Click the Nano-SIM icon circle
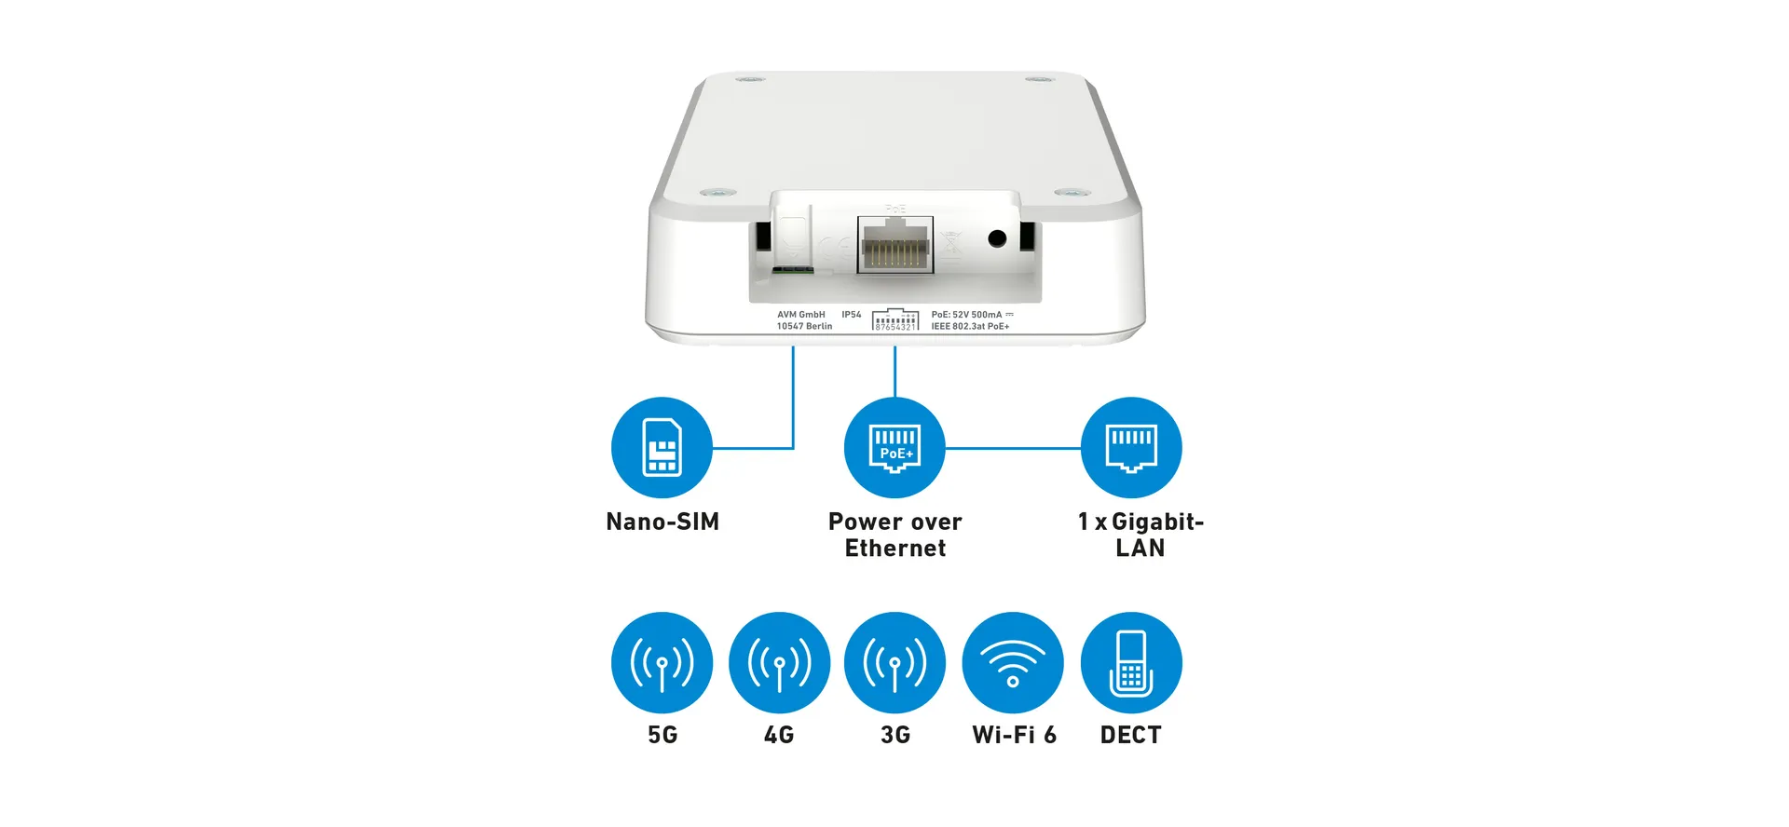pos(662,448)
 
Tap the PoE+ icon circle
pos(894,448)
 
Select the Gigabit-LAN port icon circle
pos(1131,448)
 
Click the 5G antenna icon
pos(662,662)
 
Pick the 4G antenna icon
pos(779,662)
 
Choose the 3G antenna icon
pos(894,662)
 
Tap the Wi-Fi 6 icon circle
pos(1013,662)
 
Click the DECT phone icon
pos(1131,662)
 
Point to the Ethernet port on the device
pos(895,245)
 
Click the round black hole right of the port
pos(997,238)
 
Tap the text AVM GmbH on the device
pos(801,315)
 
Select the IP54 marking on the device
pos(852,315)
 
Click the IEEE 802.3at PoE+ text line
pos(970,327)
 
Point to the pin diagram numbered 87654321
pos(895,320)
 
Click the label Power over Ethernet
pos(895,535)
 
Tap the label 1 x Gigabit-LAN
pos(1140,535)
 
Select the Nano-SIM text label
pos(662,522)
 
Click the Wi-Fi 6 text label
pos(1014,735)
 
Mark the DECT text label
pos(1130,735)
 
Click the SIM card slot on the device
pos(793,270)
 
